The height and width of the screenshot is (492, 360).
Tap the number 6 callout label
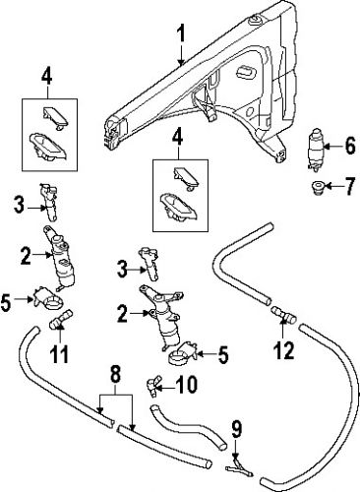349,148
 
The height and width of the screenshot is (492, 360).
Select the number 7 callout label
349,185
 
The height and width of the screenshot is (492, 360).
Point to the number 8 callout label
115,374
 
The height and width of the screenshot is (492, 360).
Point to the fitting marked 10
153,382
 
